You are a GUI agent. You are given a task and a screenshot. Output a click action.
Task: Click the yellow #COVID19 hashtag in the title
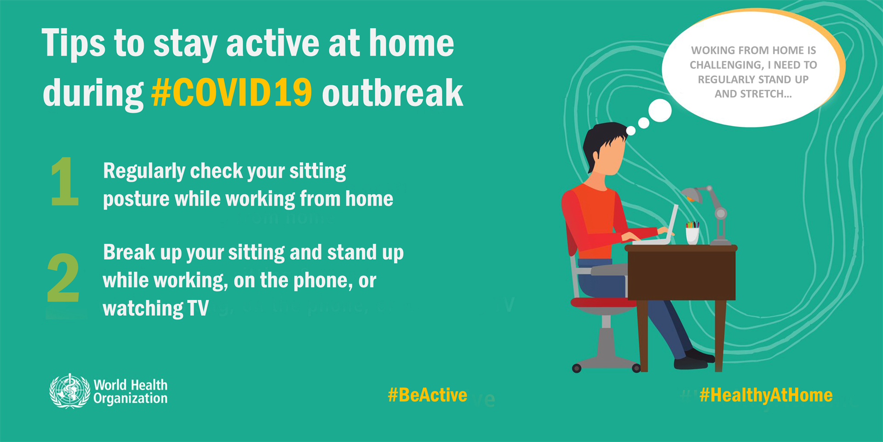[x=231, y=93]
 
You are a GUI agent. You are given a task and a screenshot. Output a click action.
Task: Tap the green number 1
[x=65, y=182]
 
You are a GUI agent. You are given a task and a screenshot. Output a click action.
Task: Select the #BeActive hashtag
[x=427, y=395]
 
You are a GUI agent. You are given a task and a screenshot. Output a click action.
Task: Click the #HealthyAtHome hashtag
[x=766, y=395]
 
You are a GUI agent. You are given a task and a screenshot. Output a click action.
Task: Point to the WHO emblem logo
[x=69, y=391]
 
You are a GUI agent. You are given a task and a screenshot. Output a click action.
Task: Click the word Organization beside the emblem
[x=130, y=399]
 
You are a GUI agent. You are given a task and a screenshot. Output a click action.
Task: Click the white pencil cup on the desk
[x=692, y=235]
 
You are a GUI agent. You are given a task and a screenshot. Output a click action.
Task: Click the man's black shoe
[x=691, y=363]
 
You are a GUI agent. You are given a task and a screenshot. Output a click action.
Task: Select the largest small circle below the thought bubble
[x=660, y=110]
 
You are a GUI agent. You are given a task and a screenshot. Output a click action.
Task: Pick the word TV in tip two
[x=198, y=308]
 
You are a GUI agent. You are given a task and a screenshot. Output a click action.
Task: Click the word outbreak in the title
[x=392, y=93]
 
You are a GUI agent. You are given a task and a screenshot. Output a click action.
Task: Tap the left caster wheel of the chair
[x=577, y=368]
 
